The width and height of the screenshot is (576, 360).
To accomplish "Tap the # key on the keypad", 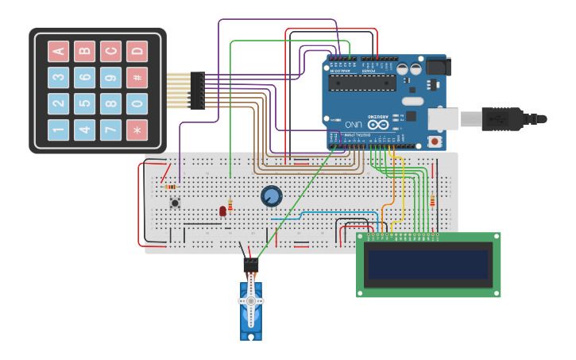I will pyautogui.click(x=137, y=77).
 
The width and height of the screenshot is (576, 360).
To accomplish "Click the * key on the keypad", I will pyautogui.click(x=137, y=130).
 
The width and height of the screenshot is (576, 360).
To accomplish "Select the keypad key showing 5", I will pyautogui.click(x=84, y=103).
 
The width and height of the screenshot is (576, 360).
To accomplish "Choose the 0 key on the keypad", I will pyautogui.click(x=137, y=103).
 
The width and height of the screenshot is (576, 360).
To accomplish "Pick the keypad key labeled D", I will pyautogui.click(x=137, y=52).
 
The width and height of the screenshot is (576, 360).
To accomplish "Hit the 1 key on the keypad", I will pyautogui.click(x=58, y=130).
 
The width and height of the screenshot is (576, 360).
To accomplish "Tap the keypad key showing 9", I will pyautogui.click(x=110, y=77).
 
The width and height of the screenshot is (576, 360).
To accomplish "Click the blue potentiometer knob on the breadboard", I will pyautogui.click(x=271, y=195).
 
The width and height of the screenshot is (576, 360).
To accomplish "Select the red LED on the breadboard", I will pyautogui.click(x=222, y=211).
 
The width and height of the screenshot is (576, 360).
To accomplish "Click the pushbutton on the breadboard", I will pyautogui.click(x=175, y=203).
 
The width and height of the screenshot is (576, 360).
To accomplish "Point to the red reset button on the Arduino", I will pyautogui.click(x=435, y=141).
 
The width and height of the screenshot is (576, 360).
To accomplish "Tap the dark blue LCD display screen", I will pyautogui.click(x=427, y=265).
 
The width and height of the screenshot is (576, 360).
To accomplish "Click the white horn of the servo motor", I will pyautogui.click(x=251, y=301).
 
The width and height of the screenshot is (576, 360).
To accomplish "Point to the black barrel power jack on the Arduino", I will pyautogui.click(x=435, y=67).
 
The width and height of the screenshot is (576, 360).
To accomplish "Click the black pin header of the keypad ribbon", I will pyautogui.click(x=197, y=90).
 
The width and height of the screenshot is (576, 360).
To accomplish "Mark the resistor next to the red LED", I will pyautogui.click(x=230, y=205).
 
